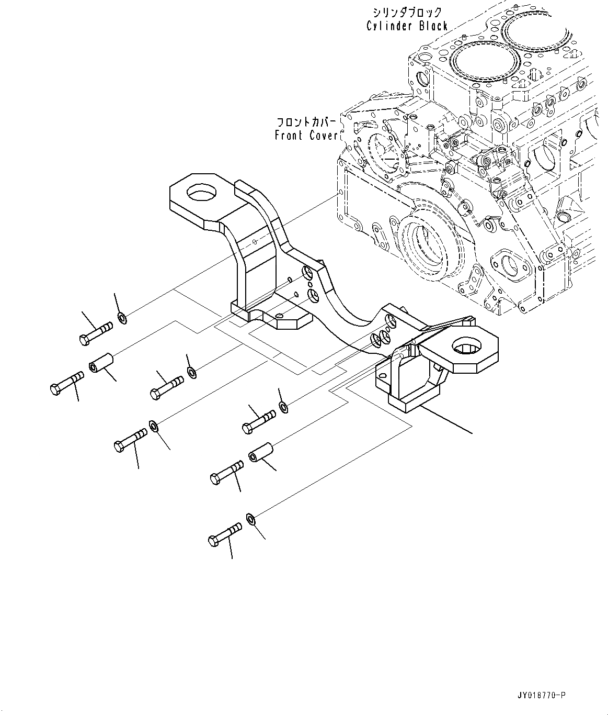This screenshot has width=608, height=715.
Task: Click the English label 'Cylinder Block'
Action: (407, 26)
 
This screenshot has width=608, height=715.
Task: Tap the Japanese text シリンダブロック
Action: (407, 12)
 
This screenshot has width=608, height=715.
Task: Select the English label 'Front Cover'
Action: (306, 135)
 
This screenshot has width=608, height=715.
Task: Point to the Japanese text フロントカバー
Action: (307, 122)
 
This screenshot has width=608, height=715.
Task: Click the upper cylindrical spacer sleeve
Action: (102, 363)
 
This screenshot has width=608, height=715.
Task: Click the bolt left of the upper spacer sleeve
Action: (66, 383)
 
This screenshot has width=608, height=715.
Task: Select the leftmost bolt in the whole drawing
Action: (66, 383)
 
